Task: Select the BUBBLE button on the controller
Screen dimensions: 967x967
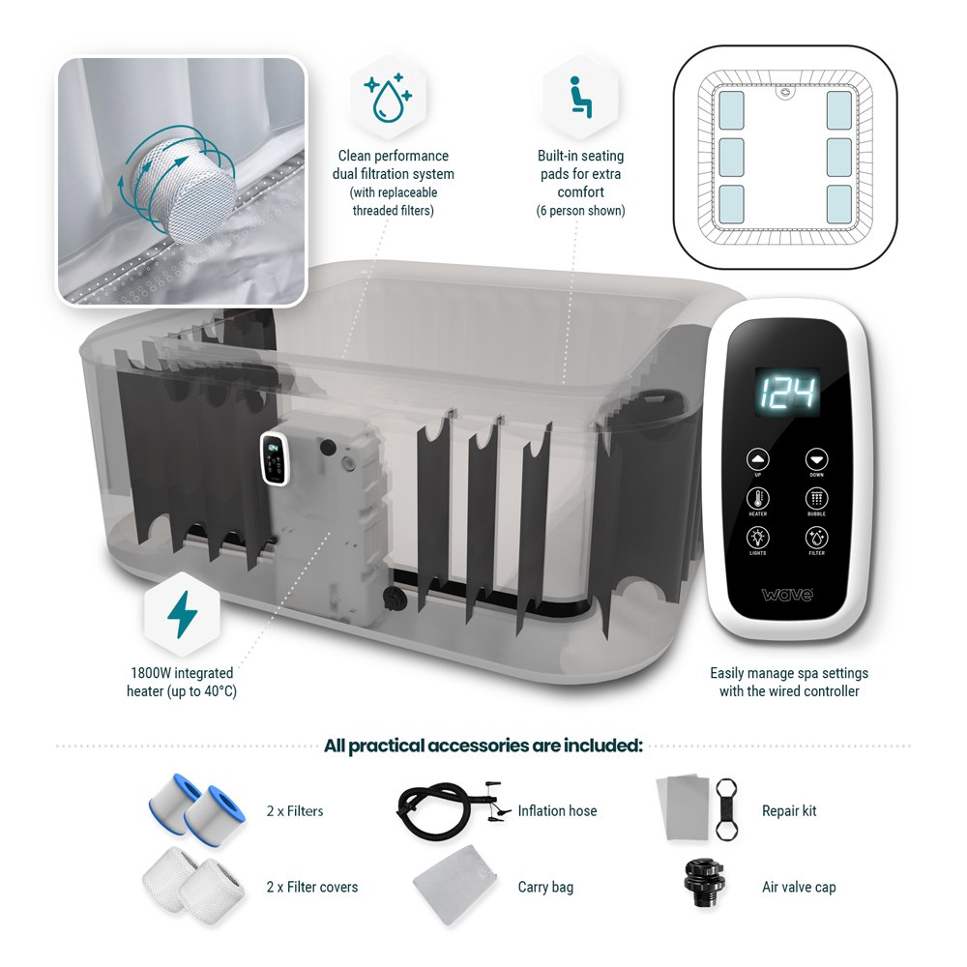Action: click(817, 499)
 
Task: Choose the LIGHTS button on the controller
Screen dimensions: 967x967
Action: click(757, 538)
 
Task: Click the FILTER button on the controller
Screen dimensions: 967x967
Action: click(817, 538)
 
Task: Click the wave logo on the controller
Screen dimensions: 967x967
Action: click(787, 595)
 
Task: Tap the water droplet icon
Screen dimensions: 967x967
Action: click(389, 97)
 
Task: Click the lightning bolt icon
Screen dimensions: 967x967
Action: click(182, 614)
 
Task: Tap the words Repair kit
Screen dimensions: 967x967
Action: click(789, 810)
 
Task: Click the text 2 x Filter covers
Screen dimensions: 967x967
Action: click(312, 887)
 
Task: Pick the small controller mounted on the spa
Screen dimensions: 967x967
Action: click(275, 457)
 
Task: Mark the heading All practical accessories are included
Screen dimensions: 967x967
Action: click(483, 746)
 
